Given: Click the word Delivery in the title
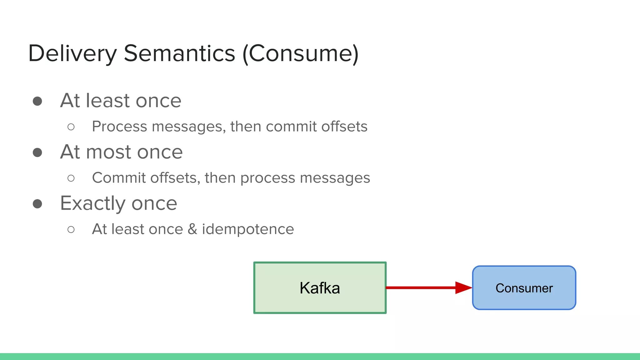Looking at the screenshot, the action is [72, 53].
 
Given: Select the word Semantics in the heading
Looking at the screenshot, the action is [179, 53].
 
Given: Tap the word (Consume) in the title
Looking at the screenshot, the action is [300, 53].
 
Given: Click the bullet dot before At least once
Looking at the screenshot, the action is [37, 101].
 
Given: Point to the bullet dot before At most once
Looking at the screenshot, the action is [37, 152].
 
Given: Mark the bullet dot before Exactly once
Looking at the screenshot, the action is [37, 204].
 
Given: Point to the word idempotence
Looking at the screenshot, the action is [248, 229].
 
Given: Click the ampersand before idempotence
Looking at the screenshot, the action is [192, 229].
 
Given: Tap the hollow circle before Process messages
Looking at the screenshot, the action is [71, 127].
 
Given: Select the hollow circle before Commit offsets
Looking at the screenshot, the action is [71, 178].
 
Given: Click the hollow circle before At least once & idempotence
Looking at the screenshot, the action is [71, 229].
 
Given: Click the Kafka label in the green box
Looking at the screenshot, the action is [320, 288].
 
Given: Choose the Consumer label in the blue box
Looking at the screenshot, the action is [524, 288].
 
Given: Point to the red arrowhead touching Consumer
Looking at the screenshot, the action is [463, 287].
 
